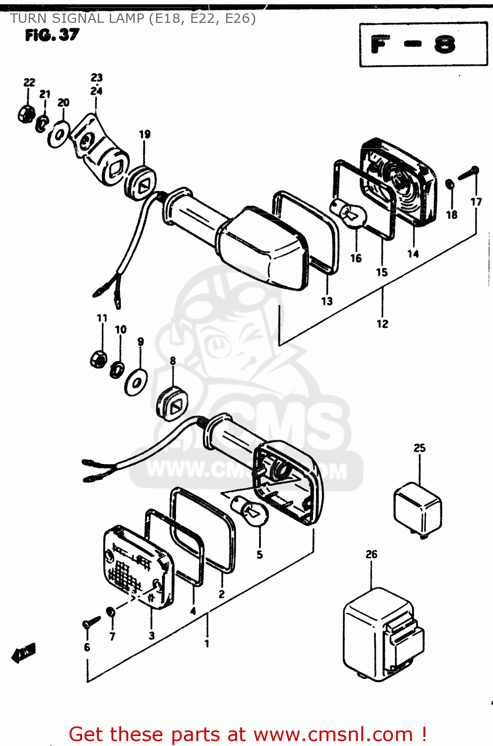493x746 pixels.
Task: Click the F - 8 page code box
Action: (423, 44)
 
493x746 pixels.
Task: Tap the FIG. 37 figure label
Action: (52, 35)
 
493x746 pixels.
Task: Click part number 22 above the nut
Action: (29, 83)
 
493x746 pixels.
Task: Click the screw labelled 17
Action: (468, 173)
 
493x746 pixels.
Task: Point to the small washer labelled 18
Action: (449, 185)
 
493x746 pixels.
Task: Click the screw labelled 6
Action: (90, 622)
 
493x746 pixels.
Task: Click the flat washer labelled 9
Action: (136, 381)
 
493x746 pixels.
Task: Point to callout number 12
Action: (382, 324)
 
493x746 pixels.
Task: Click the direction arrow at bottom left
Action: (24, 653)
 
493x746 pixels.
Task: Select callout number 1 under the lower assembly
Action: (207, 644)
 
